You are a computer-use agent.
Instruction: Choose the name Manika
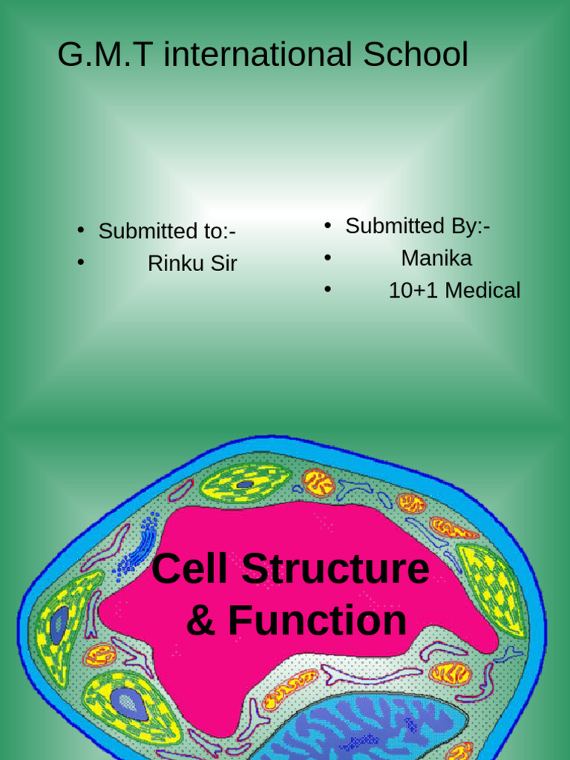pyautogui.click(x=436, y=258)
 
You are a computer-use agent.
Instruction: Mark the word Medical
pyautogui.click(x=482, y=290)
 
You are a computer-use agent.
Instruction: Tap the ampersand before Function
pyautogui.click(x=200, y=620)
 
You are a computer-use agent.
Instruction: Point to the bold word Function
pyautogui.click(x=317, y=620)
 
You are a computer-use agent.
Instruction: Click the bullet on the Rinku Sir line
pyautogui.click(x=80, y=262)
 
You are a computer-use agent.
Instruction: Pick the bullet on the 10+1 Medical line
pyautogui.click(x=327, y=289)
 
